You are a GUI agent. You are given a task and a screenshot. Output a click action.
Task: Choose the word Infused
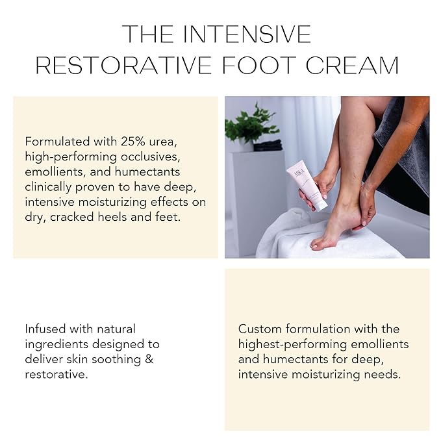tap(46, 329)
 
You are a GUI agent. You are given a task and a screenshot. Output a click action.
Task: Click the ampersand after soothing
tap(149, 359)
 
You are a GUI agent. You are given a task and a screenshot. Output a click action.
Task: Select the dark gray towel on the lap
tap(403, 156)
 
